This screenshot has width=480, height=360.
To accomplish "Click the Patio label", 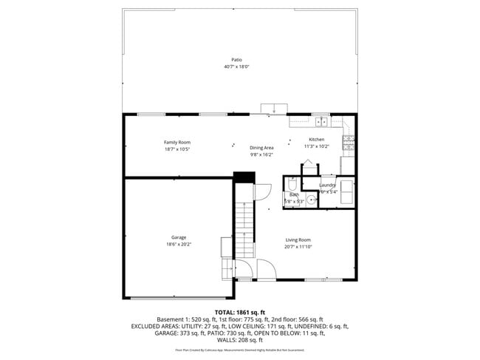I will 236,60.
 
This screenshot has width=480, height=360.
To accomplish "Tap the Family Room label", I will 177,142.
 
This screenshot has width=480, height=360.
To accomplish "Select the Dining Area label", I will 261,148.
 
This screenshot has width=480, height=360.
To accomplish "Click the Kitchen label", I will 316,140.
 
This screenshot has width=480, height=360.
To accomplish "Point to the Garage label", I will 178,237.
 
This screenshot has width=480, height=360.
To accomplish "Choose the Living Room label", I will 298,240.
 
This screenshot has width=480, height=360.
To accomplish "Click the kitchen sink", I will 322,120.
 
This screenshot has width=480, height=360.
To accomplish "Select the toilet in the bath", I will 292,186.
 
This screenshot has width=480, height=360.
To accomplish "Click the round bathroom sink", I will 312,199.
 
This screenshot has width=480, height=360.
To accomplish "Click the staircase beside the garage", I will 244,222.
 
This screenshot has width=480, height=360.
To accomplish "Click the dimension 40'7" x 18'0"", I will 236,67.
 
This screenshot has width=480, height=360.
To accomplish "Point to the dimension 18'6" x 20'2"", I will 178,245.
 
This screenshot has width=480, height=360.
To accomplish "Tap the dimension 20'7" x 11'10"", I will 298,247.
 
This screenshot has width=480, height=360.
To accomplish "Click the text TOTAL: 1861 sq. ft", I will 240,312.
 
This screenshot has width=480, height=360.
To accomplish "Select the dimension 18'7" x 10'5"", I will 177,149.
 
